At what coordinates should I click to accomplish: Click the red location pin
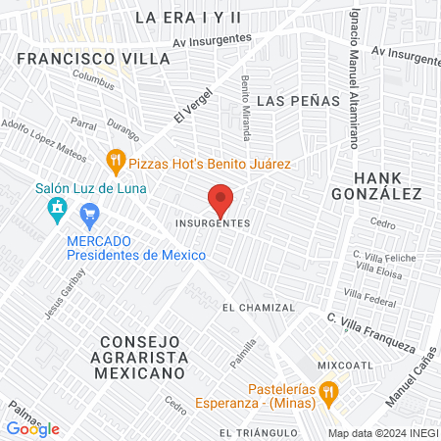(x=221, y=200)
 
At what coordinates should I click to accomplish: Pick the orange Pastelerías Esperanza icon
(x=329, y=392)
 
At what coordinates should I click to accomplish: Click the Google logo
(x=32, y=428)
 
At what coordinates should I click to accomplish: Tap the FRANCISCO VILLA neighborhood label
(x=93, y=58)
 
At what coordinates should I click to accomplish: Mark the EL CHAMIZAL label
(x=259, y=308)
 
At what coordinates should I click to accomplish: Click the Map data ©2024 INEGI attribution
(x=383, y=432)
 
